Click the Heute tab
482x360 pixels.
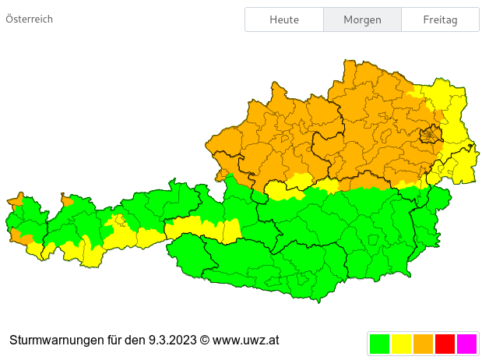tap(284, 19)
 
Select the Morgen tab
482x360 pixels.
tap(362, 19)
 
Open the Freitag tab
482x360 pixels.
tap(440, 19)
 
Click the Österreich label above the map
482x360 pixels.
tap(30, 19)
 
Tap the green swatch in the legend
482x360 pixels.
tap(379, 344)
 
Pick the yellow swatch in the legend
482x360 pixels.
tap(401, 344)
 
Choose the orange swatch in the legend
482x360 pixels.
tap(423, 344)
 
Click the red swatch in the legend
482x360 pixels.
tap(445, 344)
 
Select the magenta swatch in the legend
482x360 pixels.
tap(466, 344)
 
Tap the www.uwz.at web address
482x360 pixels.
tap(245, 341)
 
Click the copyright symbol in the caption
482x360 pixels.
tap(205, 341)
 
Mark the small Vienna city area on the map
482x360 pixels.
tap(430, 136)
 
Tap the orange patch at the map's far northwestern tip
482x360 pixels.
tap(16, 199)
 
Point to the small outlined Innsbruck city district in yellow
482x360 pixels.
tap(119, 221)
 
